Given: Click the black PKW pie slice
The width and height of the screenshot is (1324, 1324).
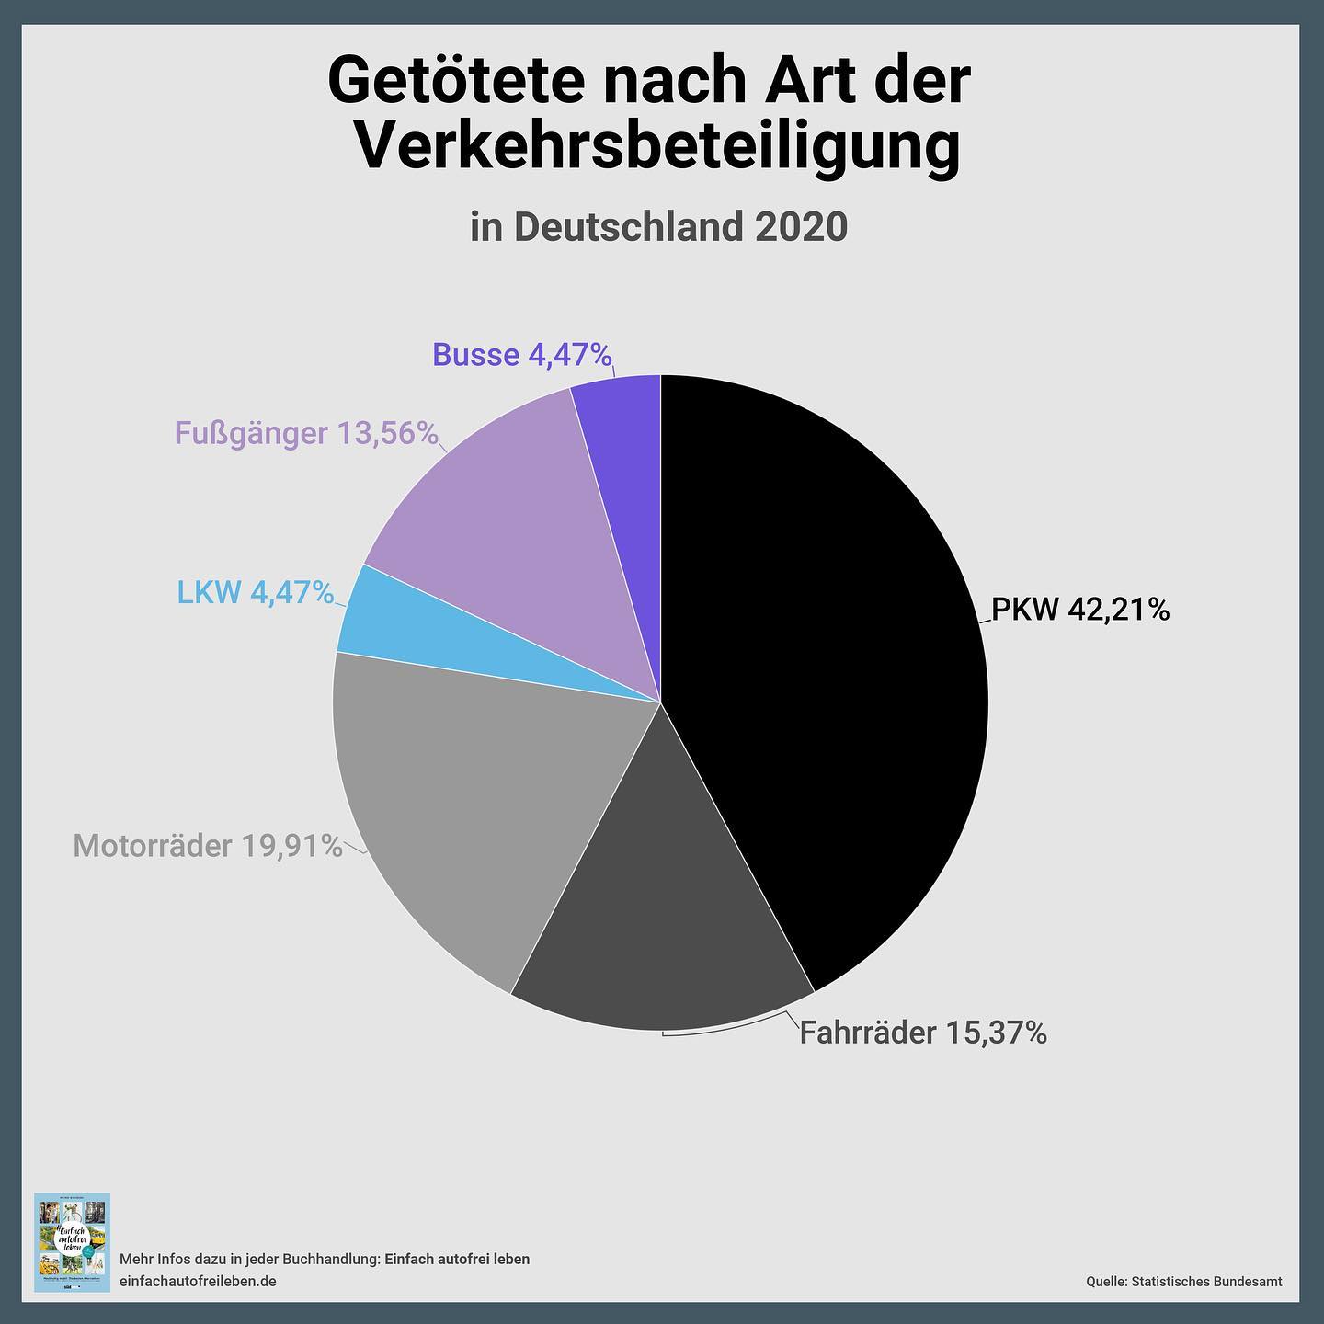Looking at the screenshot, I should click(x=827, y=662).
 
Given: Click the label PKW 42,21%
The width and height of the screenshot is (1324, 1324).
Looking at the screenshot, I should click(x=1079, y=610).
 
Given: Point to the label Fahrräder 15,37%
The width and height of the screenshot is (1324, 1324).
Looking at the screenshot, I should click(x=922, y=1033).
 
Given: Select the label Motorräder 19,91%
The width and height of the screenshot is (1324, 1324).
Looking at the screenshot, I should click(x=208, y=846).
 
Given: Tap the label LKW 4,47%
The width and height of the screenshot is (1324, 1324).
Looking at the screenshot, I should click(x=255, y=593).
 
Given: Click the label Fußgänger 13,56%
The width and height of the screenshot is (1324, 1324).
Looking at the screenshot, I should click(x=306, y=433).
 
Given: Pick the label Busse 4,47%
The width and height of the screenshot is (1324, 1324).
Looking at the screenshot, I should click(x=521, y=355).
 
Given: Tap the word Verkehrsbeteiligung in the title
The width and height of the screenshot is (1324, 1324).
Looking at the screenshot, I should click(x=656, y=147).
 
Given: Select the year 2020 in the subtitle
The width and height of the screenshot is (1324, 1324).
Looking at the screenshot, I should click(x=800, y=227).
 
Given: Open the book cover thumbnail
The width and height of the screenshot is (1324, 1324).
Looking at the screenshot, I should click(x=72, y=1241).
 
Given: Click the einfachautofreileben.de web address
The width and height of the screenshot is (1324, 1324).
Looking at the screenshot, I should click(x=198, y=1281).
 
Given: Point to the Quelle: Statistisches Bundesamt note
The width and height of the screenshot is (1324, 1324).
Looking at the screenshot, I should click(x=1183, y=1281).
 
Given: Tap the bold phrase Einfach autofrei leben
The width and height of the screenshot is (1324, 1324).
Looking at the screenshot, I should click(x=456, y=1259).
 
